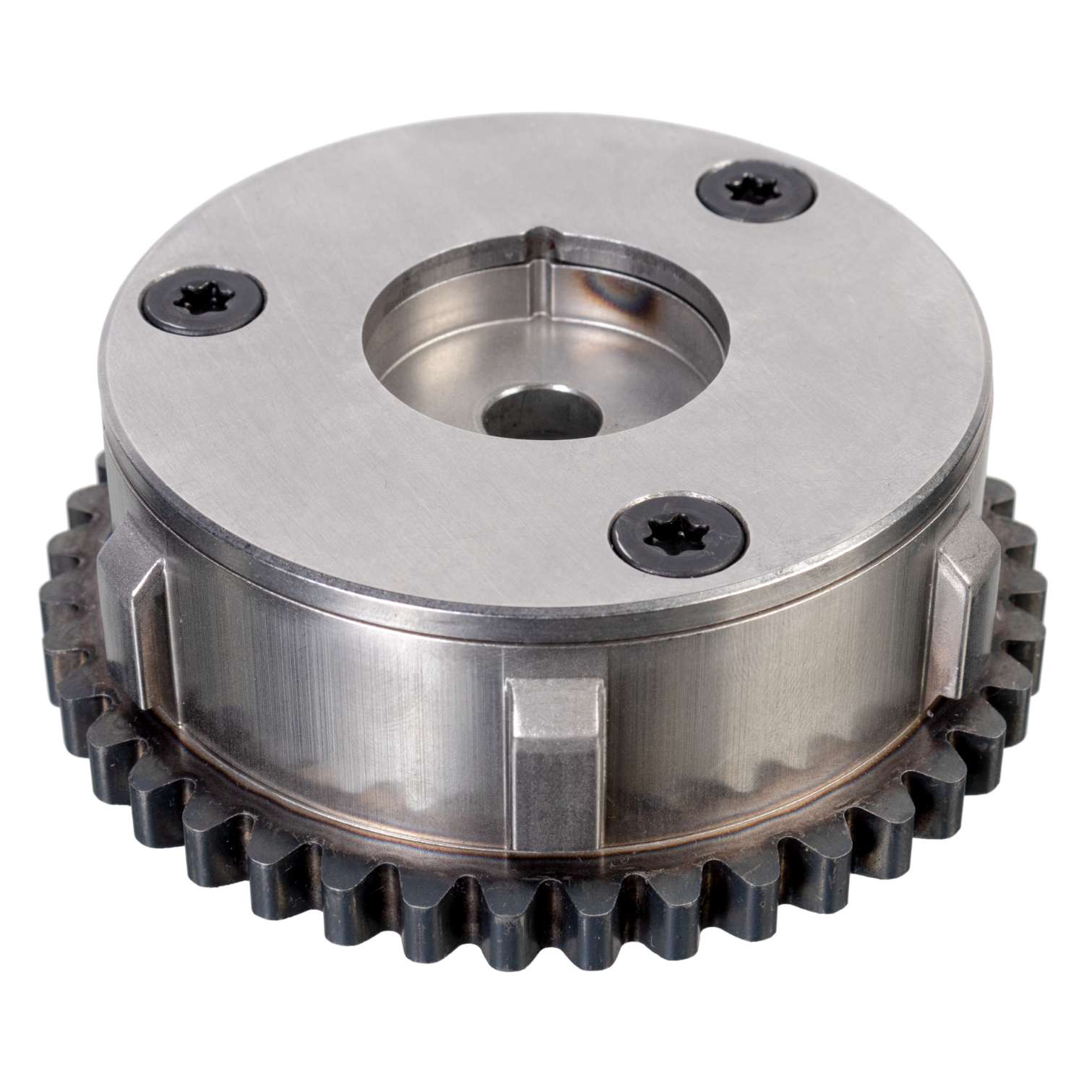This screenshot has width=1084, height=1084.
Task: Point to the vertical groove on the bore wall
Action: (x=538, y=289)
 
